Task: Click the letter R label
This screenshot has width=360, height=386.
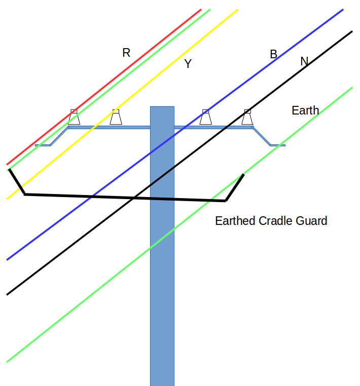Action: coord(126,53)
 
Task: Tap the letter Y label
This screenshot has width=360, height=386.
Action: coord(188,64)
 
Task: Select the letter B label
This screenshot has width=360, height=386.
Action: coord(273,54)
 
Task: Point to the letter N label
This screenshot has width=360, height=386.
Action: coord(304,61)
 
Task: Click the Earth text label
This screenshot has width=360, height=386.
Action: coord(305,110)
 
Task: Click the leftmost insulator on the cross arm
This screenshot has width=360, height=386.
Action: coord(74,118)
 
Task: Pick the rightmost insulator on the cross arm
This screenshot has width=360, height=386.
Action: coord(247,118)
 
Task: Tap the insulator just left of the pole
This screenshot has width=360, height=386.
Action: coord(116,118)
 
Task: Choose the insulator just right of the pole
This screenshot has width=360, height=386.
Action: coord(205,118)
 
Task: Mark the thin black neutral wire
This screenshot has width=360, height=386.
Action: coord(76,240)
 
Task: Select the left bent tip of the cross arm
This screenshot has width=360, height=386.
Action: coord(43,145)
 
